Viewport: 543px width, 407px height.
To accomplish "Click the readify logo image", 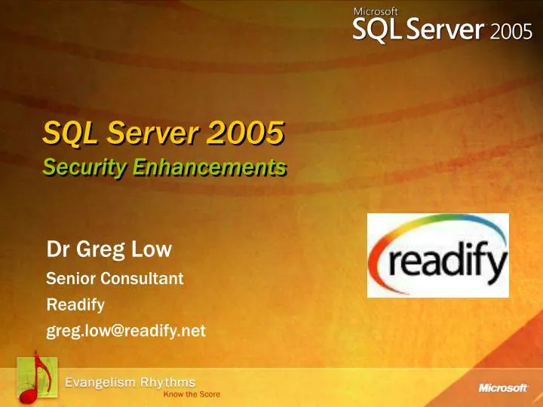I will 438,255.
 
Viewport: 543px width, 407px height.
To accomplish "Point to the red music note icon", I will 32,377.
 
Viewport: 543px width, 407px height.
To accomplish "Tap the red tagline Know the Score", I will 192,395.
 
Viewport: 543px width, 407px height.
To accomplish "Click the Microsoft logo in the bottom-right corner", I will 502,388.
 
